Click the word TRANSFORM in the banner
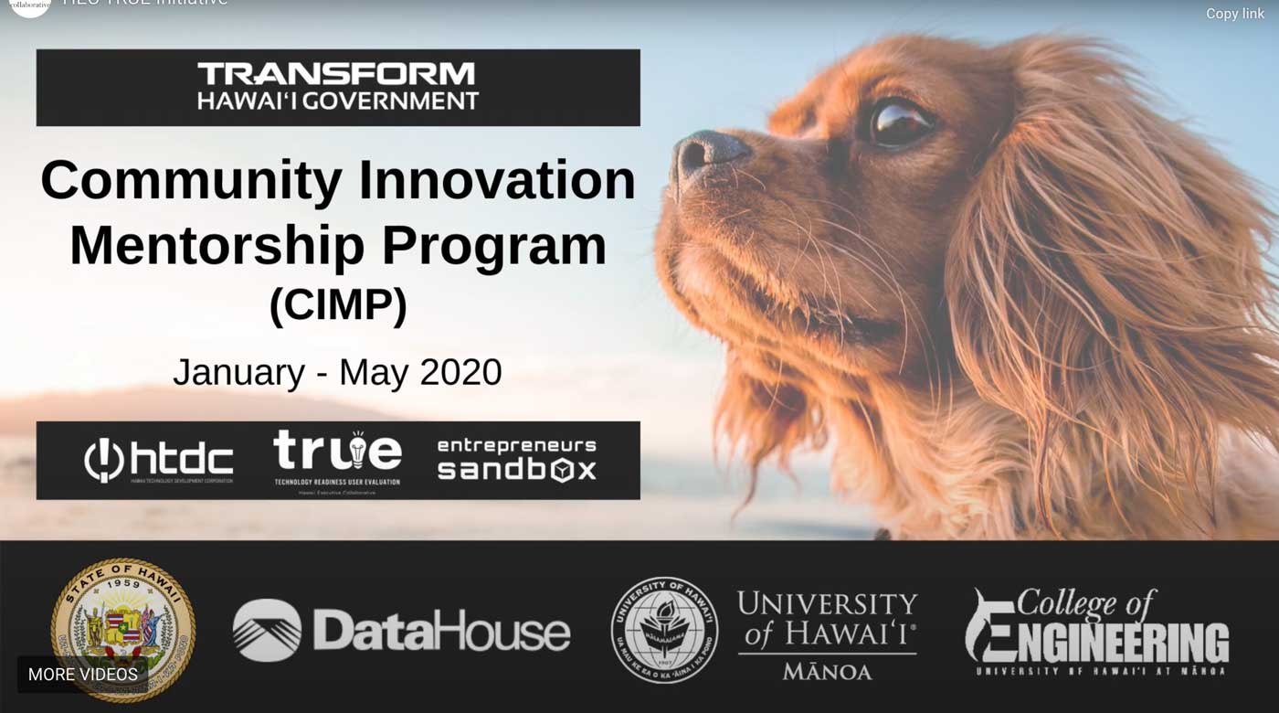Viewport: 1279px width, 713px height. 337,74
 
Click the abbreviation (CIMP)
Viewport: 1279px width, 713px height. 338,305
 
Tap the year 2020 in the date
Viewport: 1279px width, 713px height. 460,373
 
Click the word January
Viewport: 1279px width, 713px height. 238,373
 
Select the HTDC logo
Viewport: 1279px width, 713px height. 158,460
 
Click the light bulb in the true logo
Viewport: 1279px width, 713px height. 358,447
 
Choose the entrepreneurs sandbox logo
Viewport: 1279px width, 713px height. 516,459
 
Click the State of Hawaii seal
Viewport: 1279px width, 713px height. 122,629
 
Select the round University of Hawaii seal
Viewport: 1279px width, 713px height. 664,630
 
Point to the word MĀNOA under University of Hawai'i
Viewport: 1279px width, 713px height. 827,672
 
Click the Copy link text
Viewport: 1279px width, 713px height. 1234,14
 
